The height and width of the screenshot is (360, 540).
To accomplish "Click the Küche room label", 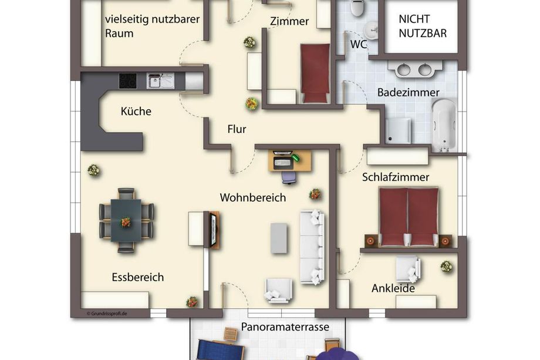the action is [x=136, y=111].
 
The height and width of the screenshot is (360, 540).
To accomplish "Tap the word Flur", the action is [x=237, y=129].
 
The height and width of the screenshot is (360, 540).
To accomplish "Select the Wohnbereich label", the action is [x=253, y=198].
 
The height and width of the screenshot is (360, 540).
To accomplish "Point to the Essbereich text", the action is [x=138, y=277].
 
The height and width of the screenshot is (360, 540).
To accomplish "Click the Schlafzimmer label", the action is [x=396, y=177].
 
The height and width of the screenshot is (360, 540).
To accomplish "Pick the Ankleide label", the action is [x=393, y=288].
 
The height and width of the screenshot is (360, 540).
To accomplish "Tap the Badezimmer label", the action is [x=408, y=92].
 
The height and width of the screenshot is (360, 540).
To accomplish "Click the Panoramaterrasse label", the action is [x=285, y=327].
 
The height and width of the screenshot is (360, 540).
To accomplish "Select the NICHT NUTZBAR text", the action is [x=423, y=26].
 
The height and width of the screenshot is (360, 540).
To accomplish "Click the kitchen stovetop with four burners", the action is [x=128, y=81].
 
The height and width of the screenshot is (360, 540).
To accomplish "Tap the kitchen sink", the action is [x=160, y=81].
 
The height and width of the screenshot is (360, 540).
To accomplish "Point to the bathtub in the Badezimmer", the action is [x=444, y=125].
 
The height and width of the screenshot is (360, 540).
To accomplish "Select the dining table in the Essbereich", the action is [x=126, y=220].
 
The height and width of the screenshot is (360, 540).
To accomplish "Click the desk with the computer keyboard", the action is [x=289, y=161].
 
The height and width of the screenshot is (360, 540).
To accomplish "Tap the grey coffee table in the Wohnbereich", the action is [x=279, y=238].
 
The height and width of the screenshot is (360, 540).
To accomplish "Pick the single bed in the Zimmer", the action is [x=315, y=73].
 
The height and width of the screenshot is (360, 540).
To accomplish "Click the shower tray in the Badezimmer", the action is [x=398, y=130].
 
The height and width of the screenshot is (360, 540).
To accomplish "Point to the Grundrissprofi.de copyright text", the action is [x=107, y=314].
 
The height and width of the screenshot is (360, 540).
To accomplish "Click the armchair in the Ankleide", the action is [x=408, y=269].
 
